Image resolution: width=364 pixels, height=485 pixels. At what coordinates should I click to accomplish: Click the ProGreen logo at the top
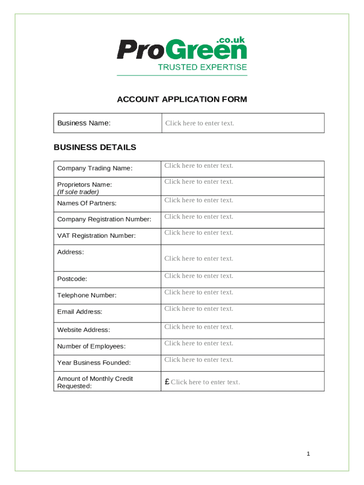[x=182, y=49]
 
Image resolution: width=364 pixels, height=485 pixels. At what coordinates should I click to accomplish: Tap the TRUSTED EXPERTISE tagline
[x=202, y=67]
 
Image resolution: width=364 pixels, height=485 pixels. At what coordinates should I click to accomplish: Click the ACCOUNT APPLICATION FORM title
[x=182, y=99]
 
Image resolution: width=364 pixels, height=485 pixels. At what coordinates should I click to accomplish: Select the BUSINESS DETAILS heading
[x=95, y=147]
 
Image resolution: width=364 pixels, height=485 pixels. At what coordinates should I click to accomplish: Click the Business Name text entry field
[x=243, y=123]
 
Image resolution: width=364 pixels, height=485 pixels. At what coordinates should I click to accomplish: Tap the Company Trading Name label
[x=95, y=168]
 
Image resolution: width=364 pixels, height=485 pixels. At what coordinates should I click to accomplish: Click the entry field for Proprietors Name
[x=243, y=182]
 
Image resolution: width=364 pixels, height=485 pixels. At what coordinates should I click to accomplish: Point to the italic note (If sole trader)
[x=78, y=192]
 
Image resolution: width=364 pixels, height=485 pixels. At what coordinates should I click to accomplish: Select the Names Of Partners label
[x=87, y=203]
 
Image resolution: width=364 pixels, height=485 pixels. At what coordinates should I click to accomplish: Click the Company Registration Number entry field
[x=243, y=217]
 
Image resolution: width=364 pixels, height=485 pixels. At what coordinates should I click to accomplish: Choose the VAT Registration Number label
[x=96, y=236]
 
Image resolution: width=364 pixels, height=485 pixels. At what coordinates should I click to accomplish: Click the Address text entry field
[x=243, y=258]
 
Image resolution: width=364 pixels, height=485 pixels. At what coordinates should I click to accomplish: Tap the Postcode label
[x=72, y=279]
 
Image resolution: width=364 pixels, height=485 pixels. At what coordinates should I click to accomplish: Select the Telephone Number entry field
[x=243, y=293]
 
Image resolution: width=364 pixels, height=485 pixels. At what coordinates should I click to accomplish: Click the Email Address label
[x=79, y=312]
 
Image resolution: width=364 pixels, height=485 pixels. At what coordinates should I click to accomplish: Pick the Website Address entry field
[x=243, y=327]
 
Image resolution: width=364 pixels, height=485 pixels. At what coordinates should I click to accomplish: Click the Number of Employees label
[x=91, y=346]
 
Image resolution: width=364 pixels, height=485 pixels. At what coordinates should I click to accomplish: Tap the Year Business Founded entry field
[x=243, y=360]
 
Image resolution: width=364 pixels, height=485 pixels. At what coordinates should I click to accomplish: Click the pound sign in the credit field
[x=167, y=382]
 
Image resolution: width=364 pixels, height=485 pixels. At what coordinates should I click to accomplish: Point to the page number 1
[x=308, y=454]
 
